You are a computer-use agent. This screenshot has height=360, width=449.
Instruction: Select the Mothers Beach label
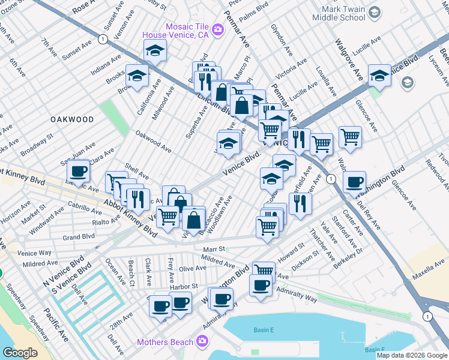[165, 343]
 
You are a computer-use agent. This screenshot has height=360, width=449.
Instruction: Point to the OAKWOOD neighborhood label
[72, 120]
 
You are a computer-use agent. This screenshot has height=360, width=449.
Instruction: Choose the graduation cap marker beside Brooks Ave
[137, 76]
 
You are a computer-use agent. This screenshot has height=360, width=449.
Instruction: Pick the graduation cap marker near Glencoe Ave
[379, 76]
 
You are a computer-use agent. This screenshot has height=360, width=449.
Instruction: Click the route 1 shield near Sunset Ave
[103, 38]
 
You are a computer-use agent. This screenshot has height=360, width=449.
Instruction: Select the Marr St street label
[214, 248]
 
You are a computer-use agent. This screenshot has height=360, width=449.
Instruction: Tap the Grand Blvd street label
[79, 237]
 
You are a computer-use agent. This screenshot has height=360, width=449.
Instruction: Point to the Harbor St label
[183, 287]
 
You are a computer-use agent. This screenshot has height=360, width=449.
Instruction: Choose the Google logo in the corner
[20, 353]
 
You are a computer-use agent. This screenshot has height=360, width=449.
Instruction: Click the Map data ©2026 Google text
[412, 355]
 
